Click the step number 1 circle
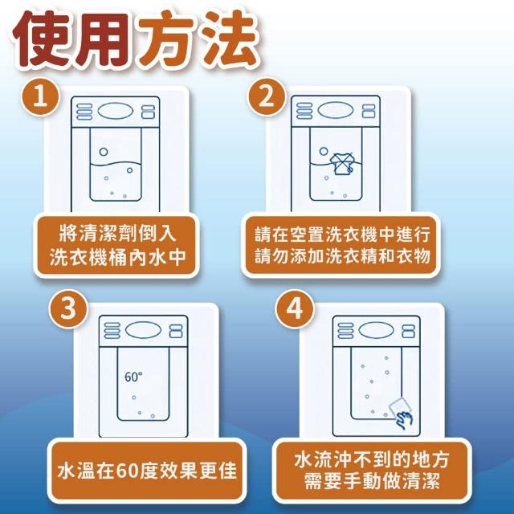(x=40, y=96)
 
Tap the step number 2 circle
(x=266, y=96)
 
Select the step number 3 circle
(x=67, y=308)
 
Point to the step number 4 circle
(x=294, y=308)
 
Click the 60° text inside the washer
(x=133, y=377)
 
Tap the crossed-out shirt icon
(x=342, y=163)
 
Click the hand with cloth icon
(x=401, y=413)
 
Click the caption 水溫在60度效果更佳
(x=147, y=471)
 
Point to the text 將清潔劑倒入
(x=117, y=233)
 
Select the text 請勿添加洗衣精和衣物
(x=342, y=256)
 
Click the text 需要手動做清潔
(x=372, y=481)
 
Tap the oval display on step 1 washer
(x=116, y=112)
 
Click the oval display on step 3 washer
(x=143, y=330)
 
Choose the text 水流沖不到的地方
(x=372, y=459)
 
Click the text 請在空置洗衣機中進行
(x=342, y=235)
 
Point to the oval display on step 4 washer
(x=376, y=330)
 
